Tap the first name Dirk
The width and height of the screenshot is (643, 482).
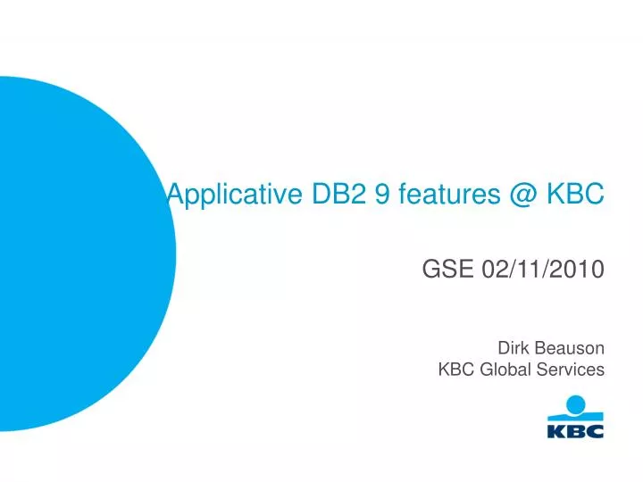tap(514, 347)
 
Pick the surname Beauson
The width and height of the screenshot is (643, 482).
tap(569, 347)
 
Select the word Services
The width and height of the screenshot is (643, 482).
tap(573, 369)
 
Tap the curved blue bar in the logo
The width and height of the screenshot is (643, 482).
tap(575, 418)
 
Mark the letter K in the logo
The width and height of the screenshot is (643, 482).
tap(555, 431)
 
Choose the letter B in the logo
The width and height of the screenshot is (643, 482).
tap(575, 431)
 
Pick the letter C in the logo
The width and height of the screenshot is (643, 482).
tap(595, 431)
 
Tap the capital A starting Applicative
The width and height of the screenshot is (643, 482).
tap(175, 192)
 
